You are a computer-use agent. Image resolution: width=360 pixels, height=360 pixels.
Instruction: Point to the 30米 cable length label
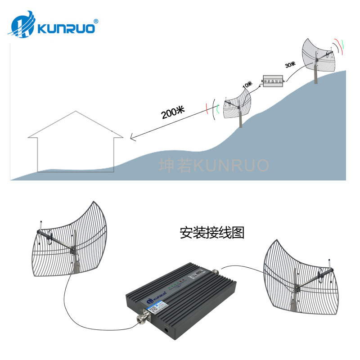(290, 64)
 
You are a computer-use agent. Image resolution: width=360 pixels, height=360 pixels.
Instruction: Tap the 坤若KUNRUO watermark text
(214, 165)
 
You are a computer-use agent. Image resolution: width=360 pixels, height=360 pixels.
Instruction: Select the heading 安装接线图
(211, 234)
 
